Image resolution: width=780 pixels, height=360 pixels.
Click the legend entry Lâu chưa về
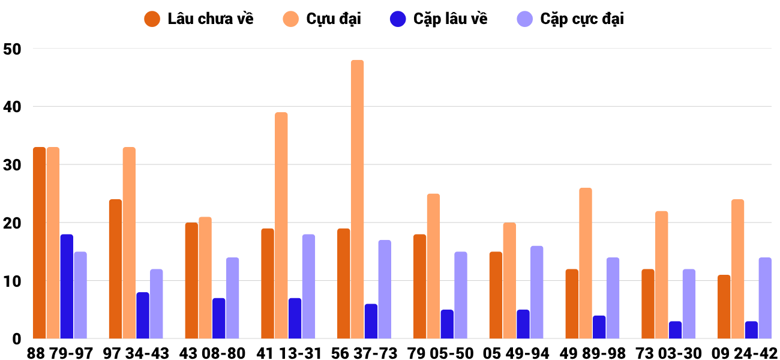[x=199, y=19]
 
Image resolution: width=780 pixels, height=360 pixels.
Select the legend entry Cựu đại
[x=322, y=19]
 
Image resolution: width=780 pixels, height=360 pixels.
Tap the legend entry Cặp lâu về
[x=439, y=19]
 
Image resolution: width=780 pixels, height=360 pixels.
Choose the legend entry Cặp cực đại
[x=571, y=19]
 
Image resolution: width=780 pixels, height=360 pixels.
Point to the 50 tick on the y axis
[x=12, y=49]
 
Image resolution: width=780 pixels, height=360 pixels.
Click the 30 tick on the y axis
[x=12, y=165]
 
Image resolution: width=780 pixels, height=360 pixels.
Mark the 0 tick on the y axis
[x=16, y=339]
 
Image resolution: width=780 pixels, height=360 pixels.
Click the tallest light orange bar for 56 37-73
[x=357, y=199]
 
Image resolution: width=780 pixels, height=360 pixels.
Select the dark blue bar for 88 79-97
[x=67, y=286]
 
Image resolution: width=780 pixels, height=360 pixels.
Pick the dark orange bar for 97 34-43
[x=116, y=269]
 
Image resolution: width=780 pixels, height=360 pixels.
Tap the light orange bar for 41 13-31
[x=281, y=225]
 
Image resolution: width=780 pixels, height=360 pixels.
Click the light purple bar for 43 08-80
[x=233, y=298]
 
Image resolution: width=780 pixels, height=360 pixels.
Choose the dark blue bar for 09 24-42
[x=751, y=330]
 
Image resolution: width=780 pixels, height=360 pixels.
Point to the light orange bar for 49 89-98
[x=586, y=263]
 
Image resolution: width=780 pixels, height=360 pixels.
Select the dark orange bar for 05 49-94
[x=496, y=295]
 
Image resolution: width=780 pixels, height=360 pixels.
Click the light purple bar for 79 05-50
[x=461, y=295]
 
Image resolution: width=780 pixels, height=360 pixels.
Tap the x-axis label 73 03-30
[x=668, y=353]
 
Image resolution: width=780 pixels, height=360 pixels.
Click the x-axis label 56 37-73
[x=364, y=353]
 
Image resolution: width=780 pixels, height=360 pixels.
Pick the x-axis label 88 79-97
[x=60, y=353]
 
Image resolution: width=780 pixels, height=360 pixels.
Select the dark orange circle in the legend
[x=152, y=19]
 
